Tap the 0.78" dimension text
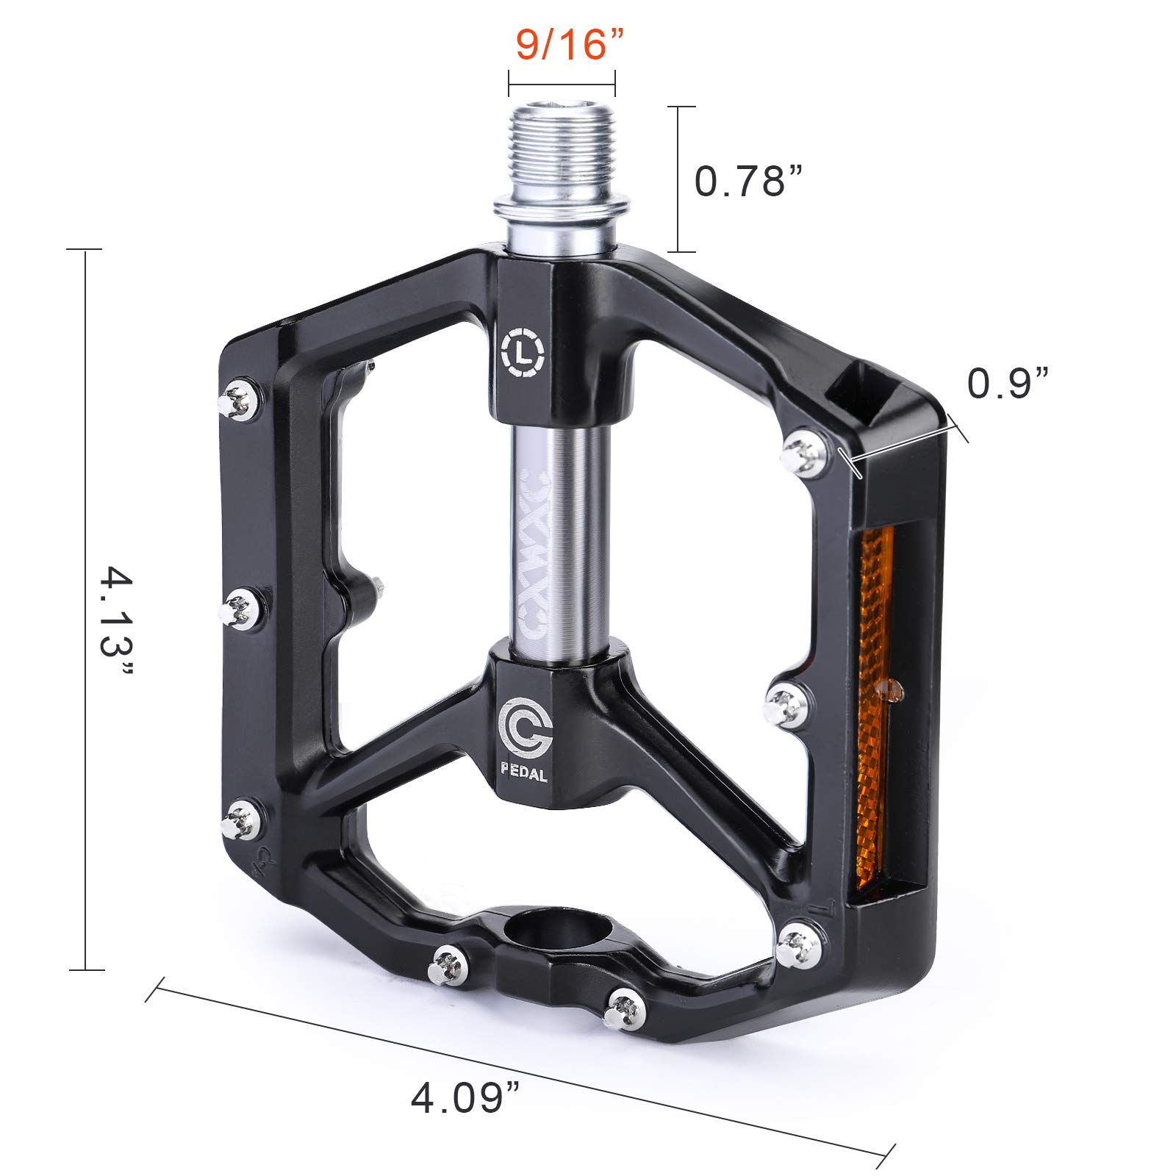tap(749, 181)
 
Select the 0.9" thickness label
tap(1008, 384)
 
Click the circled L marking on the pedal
tap(523, 354)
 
